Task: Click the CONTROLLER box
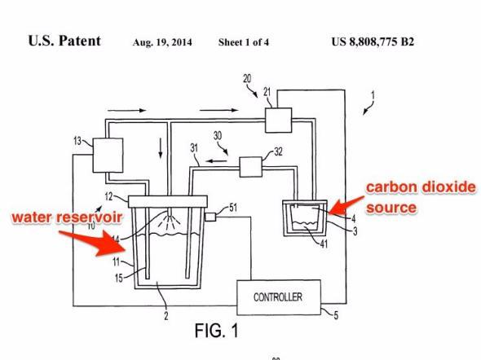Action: [279, 297]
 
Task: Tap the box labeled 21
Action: [278, 120]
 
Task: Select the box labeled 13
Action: [108, 155]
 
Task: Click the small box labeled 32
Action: [250, 167]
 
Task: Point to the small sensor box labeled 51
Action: [210, 217]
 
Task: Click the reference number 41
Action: [324, 244]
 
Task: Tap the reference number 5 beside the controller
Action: [336, 315]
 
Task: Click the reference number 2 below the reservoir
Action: [166, 315]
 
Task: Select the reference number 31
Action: [194, 148]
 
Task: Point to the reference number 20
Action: [247, 79]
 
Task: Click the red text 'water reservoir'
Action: [68, 217]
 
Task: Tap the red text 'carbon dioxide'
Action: [421, 187]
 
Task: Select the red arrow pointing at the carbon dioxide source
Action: [346, 205]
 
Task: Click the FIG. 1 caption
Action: [217, 331]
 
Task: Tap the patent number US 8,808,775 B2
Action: [373, 42]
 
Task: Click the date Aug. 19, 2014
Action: [162, 42]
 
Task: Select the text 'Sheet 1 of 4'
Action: [244, 42]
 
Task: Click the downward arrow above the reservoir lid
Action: [161, 148]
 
